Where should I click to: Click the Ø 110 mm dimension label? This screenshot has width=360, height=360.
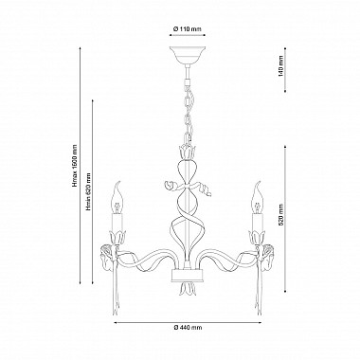click(x=188, y=29)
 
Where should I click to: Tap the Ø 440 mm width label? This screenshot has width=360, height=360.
click(x=188, y=328)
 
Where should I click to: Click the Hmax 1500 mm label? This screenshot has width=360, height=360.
click(x=75, y=166)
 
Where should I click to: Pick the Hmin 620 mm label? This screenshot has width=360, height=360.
click(x=89, y=191)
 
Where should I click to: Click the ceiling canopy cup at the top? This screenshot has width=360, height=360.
click(x=188, y=55)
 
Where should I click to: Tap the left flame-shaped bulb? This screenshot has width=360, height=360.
click(x=117, y=197)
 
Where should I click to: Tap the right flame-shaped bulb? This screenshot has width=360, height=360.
click(x=258, y=197)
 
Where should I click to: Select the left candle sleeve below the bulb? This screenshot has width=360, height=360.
click(x=117, y=224)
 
